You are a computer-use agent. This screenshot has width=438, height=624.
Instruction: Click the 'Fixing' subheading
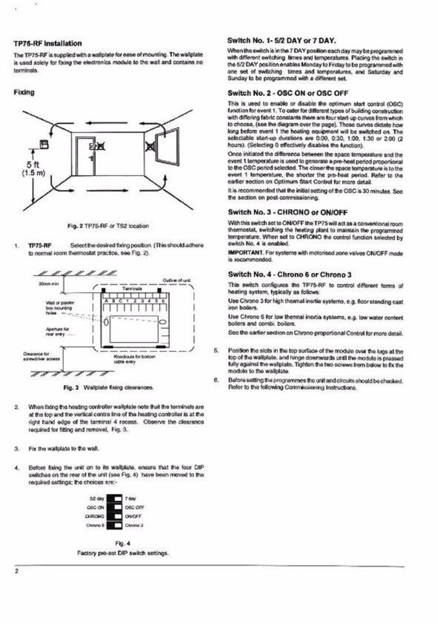[24, 92]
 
